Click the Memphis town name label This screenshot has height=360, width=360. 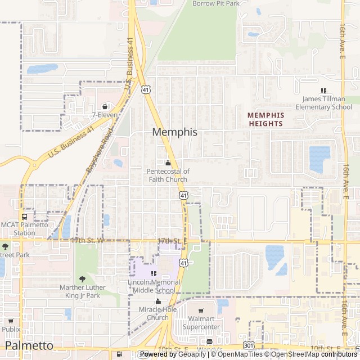tap(174, 132)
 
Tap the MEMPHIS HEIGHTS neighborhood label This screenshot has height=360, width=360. tap(266, 119)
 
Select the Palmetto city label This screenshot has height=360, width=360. tap(29, 345)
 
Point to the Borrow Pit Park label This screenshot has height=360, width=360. tap(215, 3)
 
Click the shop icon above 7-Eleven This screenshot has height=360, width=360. tap(105, 106)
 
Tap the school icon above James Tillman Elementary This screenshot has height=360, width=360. tap(323, 91)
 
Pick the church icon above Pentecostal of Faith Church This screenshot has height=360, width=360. tap(168, 163)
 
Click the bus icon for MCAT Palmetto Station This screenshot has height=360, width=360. tap(24, 217)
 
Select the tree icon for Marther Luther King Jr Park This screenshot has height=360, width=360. tap(83, 280)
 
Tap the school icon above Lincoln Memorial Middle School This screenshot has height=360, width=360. tap(154, 273)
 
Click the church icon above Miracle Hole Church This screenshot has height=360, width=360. tap(157, 301)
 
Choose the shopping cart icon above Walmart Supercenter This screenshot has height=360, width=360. tap(201, 311)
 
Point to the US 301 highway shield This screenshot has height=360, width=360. tap(248, 344)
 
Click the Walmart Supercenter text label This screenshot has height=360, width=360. tap(201, 323)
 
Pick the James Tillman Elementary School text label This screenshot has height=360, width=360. tap(323, 103)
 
